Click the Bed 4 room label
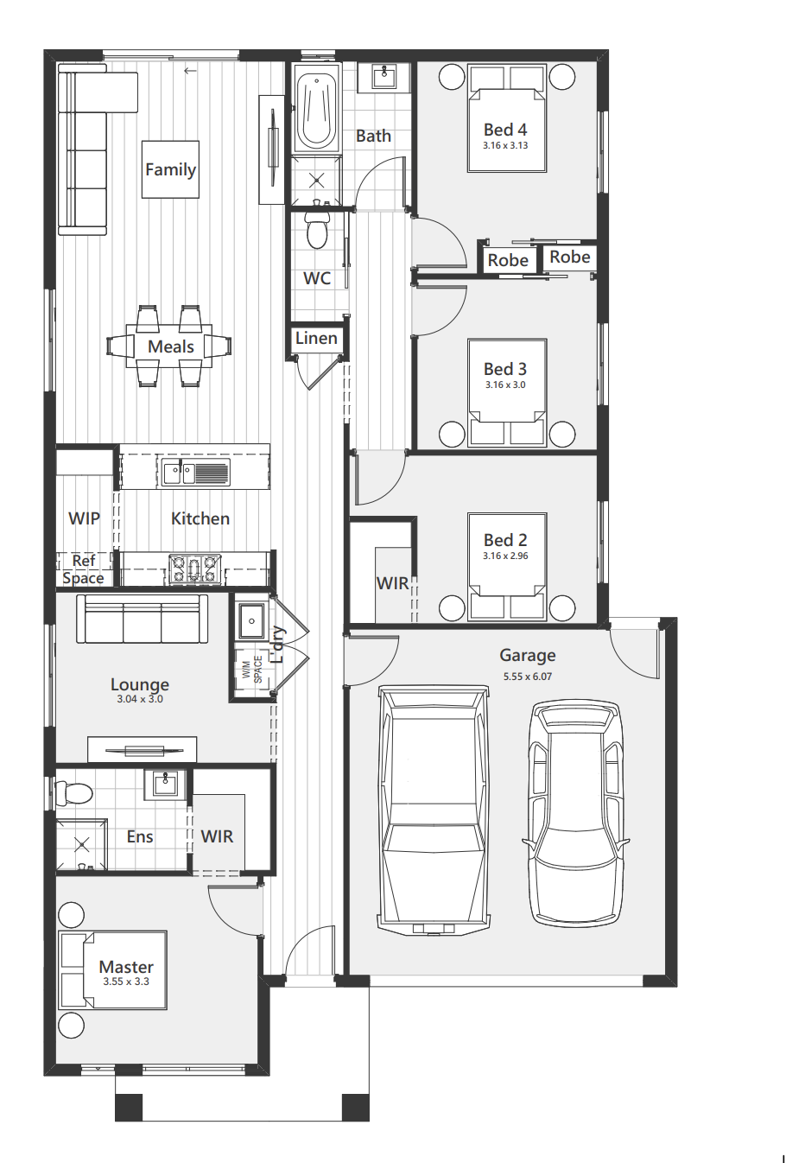[x=505, y=130]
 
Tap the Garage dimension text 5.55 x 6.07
[x=528, y=677]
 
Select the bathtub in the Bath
[x=316, y=110]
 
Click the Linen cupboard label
[x=316, y=339]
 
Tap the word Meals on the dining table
[x=171, y=346]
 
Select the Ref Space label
[x=84, y=569]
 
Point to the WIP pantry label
[x=84, y=518]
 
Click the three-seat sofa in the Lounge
[x=143, y=619]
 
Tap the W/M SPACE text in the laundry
[x=252, y=670]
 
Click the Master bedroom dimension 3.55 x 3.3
[x=126, y=982]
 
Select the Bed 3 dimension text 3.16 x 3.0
[x=505, y=384]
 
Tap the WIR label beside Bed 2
[x=392, y=583]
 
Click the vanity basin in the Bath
[x=384, y=77]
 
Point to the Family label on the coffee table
[x=171, y=169]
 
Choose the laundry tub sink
[x=251, y=620]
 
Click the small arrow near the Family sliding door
[x=190, y=71]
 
